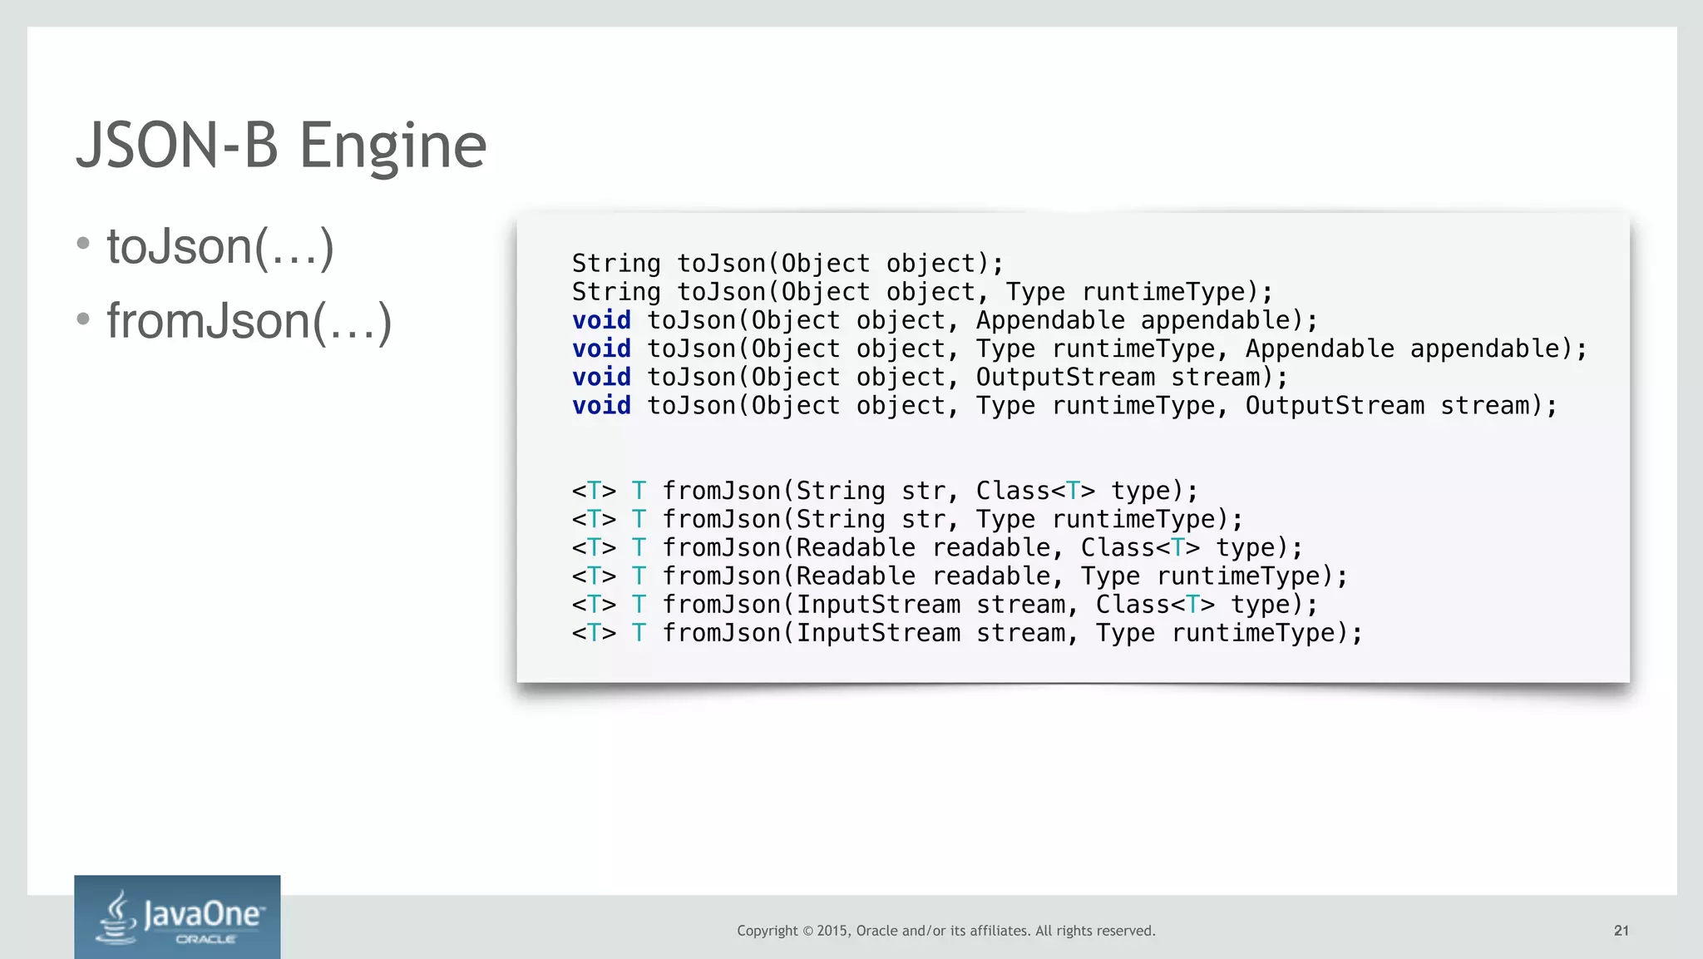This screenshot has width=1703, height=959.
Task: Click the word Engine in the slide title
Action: (392, 146)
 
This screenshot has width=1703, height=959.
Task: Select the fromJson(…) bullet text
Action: (249, 321)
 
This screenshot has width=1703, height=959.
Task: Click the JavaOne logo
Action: (177, 917)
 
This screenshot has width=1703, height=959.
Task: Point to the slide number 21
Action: (1621, 931)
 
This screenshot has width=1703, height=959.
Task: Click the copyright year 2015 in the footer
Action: (832, 931)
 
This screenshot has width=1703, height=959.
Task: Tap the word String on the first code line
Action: (616, 264)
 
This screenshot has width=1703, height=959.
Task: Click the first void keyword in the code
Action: (601, 320)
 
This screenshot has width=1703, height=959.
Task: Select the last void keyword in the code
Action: (601, 406)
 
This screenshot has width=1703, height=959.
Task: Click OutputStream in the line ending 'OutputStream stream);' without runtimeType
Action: (1065, 378)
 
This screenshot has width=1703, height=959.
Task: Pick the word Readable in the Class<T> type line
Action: (856, 548)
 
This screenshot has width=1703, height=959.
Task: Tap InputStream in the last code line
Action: (878, 634)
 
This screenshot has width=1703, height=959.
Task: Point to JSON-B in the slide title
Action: (177, 146)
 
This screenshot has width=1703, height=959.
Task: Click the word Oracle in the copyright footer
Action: (877, 931)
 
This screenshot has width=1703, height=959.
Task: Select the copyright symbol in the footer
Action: (807, 931)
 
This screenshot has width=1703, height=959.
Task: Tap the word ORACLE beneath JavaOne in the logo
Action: (205, 939)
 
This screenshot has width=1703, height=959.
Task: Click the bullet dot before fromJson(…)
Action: (82, 319)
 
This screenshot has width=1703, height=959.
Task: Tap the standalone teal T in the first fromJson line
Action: (639, 492)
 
